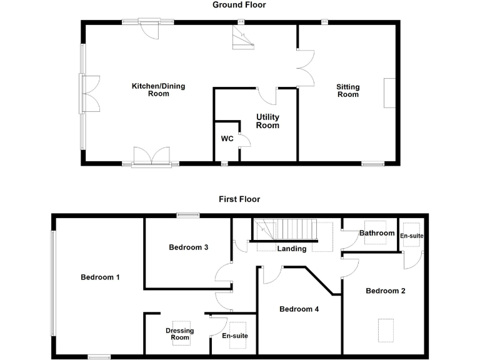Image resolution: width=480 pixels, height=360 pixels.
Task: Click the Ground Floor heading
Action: click(239, 5)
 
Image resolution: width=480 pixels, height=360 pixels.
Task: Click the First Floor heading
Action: click(239, 199)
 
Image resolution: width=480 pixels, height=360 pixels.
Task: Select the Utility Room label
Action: click(267, 121)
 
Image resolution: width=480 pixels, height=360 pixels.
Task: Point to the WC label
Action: click(227, 139)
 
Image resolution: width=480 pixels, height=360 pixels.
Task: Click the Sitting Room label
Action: click(348, 91)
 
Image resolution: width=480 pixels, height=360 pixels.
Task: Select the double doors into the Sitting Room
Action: click(304, 67)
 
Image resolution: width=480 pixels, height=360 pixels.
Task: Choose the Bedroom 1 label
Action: click(100, 277)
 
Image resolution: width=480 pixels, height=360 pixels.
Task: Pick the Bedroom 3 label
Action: click(188, 247)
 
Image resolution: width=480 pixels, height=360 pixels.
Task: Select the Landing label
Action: click(292, 249)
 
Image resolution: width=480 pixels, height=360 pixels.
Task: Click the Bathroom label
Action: click(376, 233)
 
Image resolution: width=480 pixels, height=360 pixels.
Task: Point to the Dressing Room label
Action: click(179, 334)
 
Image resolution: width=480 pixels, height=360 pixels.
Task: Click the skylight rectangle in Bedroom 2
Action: click(386, 330)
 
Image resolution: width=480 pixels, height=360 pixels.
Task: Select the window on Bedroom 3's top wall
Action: click(187, 216)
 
